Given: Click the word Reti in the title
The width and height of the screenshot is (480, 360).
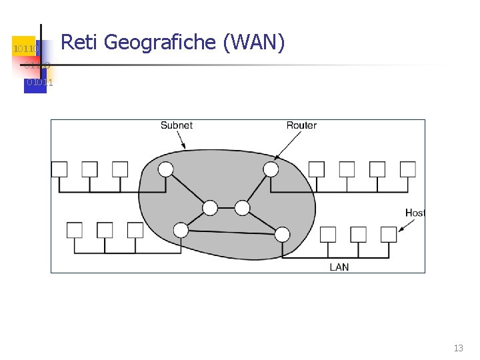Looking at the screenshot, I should click(x=79, y=43).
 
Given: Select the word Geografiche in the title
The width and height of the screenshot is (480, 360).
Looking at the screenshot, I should click(x=161, y=43).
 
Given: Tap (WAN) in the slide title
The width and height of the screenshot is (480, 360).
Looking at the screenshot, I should click(x=255, y=43).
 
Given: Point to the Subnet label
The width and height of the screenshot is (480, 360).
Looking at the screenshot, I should click(x=177, y=125).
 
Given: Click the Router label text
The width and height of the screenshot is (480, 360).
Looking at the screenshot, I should click(x=301, y=125).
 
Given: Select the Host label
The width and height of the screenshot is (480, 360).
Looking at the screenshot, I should click(x=415, y=213).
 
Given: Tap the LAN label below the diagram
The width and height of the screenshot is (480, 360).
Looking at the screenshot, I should click(x=339, y=267).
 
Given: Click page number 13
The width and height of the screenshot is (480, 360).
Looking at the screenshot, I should click(x=458, y=348).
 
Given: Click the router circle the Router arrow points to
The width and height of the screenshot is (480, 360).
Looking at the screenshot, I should click(x=271, y=169).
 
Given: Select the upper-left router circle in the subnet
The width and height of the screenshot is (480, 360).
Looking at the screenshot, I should click(x=165, y=169).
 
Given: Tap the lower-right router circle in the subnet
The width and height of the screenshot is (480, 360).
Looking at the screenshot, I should click(x=282, y=234).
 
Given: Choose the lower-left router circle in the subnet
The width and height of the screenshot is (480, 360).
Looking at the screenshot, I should click(x=181, y=231).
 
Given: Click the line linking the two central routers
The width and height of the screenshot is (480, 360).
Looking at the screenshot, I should click(x=226, y=209).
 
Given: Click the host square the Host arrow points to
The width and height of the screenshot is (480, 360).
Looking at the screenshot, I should click(x=389, y=234).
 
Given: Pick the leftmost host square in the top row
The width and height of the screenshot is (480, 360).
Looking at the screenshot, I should click(x=59, y=169).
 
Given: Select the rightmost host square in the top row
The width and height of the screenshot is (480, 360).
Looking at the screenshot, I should click(x=407, y=169).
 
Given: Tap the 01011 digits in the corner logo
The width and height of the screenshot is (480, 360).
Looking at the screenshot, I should click(x=39, y=83).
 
